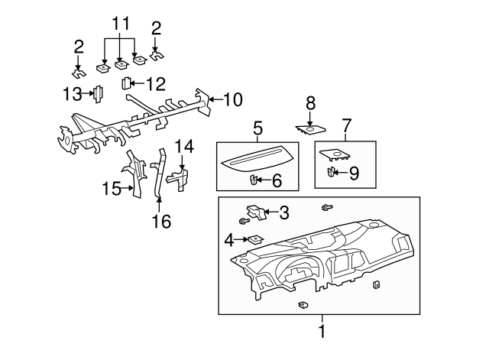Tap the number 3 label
click(284, 212)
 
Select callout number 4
click(228, 240)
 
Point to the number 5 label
click(258, 128)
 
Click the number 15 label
click(112, 187)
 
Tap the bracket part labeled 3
click(254, 211)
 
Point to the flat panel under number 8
click(309, 128)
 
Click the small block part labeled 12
click(126, 83)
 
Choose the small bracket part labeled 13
click(98, 94)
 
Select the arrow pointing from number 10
click(215, 99)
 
